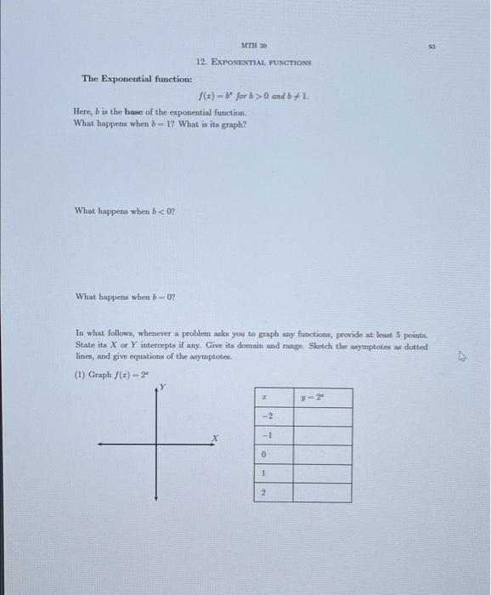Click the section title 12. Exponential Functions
[253, 63]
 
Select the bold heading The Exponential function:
[125, 79]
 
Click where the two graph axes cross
[156, 443]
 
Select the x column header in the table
[268, 398]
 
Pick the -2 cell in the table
[268, 416]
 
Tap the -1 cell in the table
[268, 435]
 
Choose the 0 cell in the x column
[268, 455]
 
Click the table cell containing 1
[268, 473]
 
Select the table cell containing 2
[268, 493]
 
